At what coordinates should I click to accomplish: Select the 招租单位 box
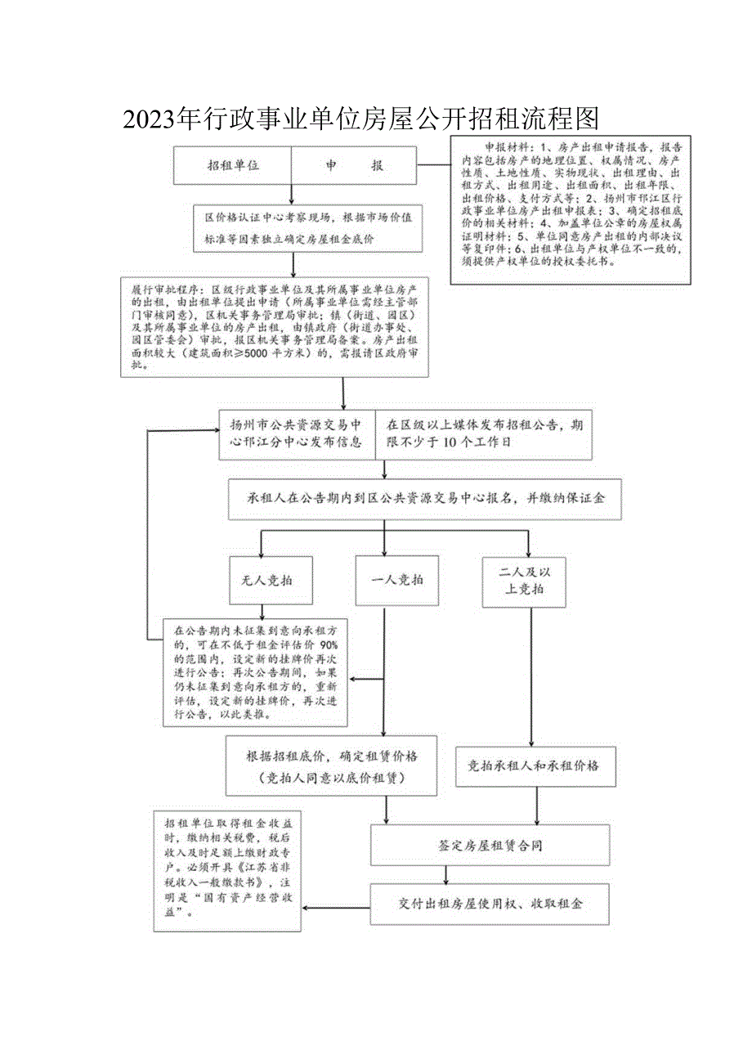tap(232, 165)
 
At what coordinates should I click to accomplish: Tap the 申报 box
tap(354, 165)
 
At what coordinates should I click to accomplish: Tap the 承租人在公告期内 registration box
tap(426, 497)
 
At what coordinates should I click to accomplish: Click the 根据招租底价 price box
tap(332, 765)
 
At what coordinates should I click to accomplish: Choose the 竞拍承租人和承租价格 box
tap(533, 766)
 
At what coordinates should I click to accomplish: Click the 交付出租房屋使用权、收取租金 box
tap(490, 904)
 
